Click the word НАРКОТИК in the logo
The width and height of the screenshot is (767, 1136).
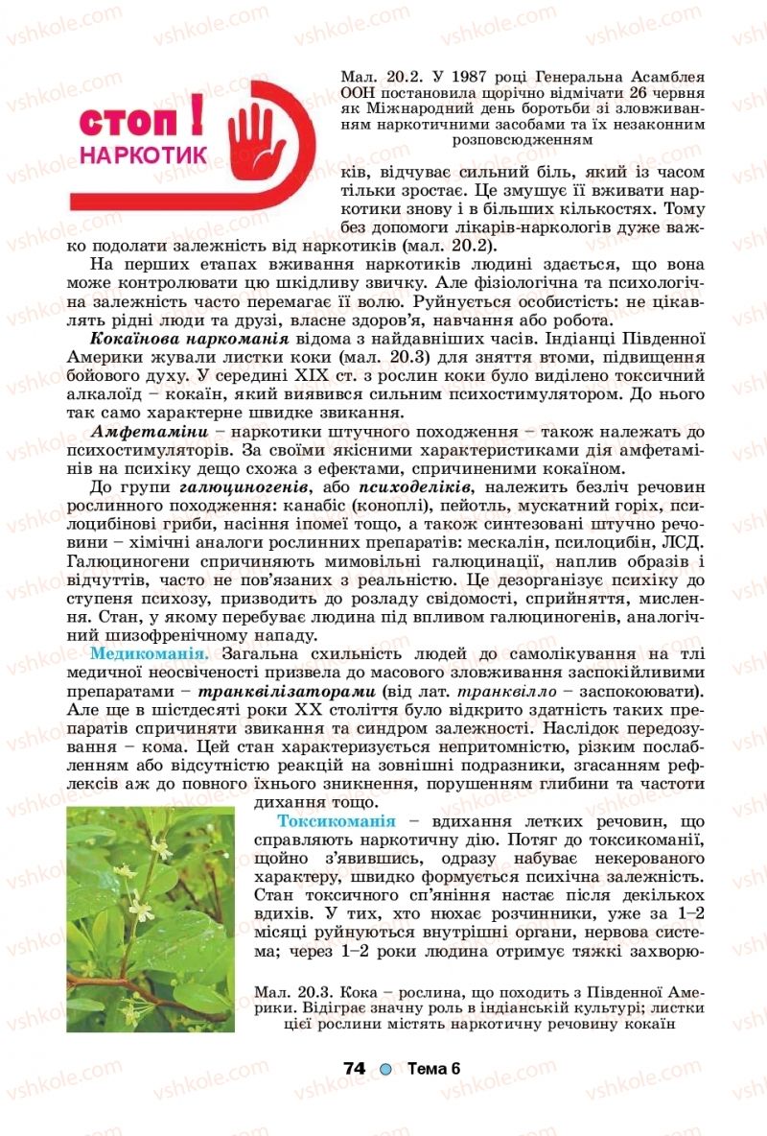click(144, 154)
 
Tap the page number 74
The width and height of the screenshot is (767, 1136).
click(356, 1069)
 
